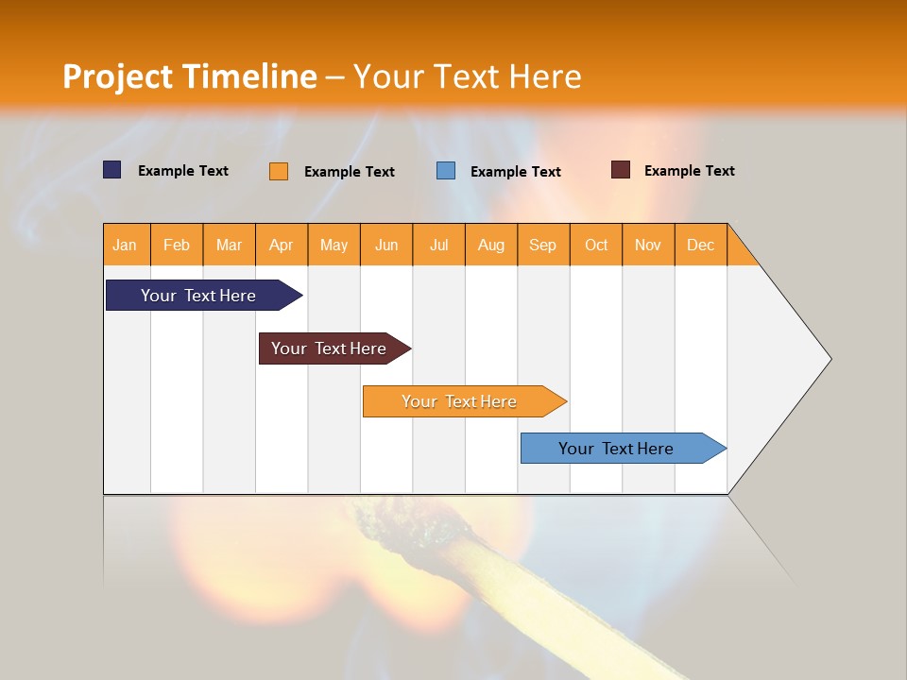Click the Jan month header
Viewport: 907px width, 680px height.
click(x=125, y=245)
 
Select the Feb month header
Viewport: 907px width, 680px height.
click(x=177, y=245)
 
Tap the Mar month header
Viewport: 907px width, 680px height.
click(x=229, y=245)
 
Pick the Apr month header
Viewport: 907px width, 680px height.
click(x=282, y=245)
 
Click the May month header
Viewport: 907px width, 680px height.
click(x=334, y=245)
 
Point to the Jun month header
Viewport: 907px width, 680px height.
click(x=386, y=245)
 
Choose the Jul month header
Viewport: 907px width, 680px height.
click(x=438, y=245)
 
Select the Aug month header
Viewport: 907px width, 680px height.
click(x=491, y=245)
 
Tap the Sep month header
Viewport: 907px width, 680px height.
click(x=543, y=245)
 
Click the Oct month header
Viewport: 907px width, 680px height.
click(x=596, y=245)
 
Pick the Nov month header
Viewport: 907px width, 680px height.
click(x=648, y=245)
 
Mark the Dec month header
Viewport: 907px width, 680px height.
click(x=701, y=245)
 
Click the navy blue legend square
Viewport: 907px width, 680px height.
click(x=112, y=170)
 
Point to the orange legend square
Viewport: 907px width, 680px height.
click(x=279, y=171)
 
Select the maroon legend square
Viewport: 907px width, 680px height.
click(x=621, y=170)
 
